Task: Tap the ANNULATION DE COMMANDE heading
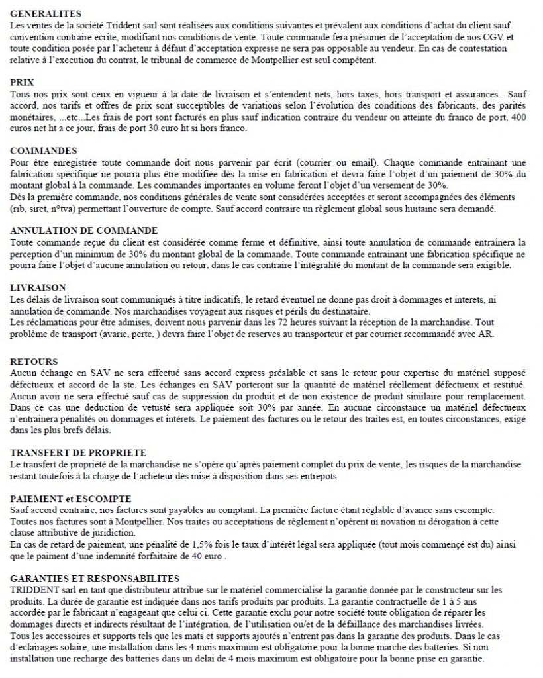tap(84, 230)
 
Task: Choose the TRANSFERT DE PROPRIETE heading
tap(79, 452)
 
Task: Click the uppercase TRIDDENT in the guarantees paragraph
tap(32, 589)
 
